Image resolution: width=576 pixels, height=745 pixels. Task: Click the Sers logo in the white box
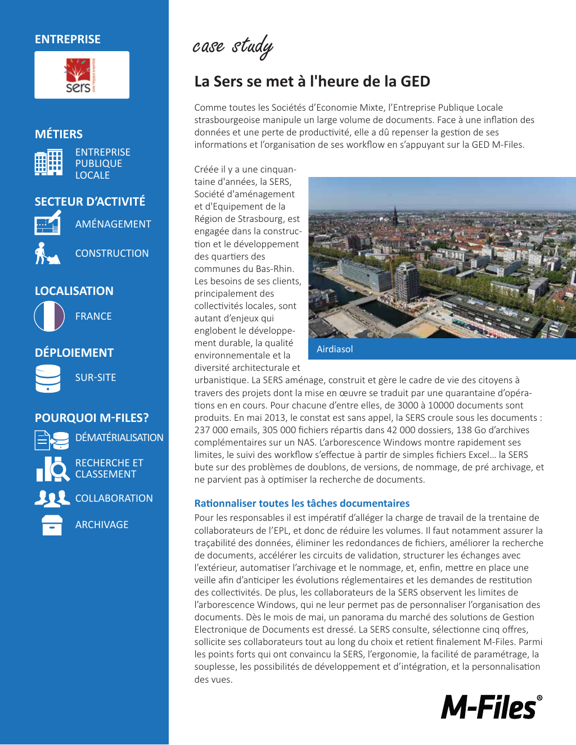[x=81, y=75]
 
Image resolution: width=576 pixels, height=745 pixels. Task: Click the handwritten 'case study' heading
[x=233, y=46]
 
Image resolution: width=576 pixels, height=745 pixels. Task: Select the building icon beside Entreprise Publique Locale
[x=48, y=163]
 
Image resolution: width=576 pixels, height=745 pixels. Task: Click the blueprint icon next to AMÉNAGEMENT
[x=48, y=223]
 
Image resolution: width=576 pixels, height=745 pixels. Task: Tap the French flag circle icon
[x=49, y=316]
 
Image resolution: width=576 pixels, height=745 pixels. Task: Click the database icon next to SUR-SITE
[x=48, y=378]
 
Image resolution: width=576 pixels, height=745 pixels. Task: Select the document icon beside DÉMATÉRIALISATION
[x=51, y=440]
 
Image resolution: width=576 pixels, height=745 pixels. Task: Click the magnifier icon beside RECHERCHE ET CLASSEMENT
[x=53, y=469]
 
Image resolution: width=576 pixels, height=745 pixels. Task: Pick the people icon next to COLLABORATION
[x=52, y=498]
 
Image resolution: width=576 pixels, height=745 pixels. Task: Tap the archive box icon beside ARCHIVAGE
[x=52, y=525]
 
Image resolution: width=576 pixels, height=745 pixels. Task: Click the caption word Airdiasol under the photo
[x=335, y=349]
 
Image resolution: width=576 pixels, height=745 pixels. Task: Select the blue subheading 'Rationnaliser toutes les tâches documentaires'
[x=302, y=503]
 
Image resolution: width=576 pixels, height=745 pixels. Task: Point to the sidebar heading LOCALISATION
[x=74, y=291]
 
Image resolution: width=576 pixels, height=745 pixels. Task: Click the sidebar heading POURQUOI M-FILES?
[x=92, y=418]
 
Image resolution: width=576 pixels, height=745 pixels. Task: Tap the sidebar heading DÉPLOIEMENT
[x=74, y=353]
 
